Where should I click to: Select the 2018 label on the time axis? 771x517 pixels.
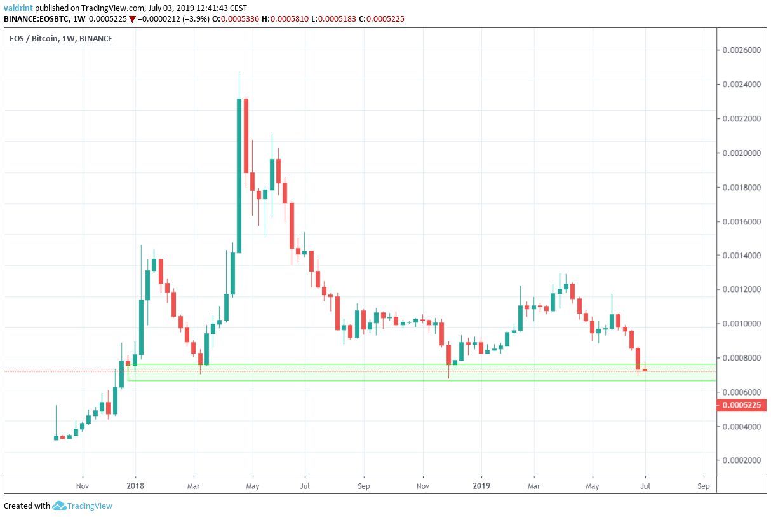(135, 486)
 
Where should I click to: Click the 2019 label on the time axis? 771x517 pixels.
(481, 486)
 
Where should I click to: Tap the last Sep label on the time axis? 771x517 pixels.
(703, 486)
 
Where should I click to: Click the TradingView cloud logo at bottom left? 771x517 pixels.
(60, 506)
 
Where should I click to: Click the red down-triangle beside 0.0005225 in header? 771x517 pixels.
(132, 19)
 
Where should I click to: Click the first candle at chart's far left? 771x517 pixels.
(56, 437)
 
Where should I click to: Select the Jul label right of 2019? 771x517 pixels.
(645, 486)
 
